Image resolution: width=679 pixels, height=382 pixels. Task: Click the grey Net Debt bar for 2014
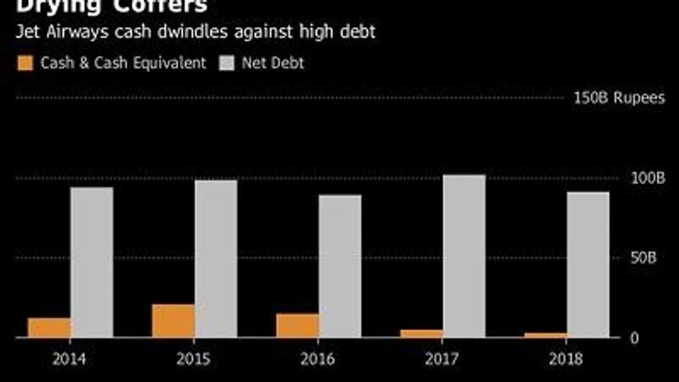pos(91,262)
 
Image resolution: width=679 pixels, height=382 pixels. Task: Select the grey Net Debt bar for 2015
pos(216,259)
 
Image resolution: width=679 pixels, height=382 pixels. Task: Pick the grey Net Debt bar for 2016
pos(340,266)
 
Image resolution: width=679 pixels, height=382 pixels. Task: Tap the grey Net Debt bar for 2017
pos(464,255)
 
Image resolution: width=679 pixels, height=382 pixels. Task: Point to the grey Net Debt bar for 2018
pos(588,265)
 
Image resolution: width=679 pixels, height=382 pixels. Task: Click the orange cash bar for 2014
pos(49,328)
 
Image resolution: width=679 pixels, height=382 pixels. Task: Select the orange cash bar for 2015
pos(173,321)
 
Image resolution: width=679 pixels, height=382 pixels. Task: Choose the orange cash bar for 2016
pos(298,325)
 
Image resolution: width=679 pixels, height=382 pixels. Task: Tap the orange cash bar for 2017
pos(422,334)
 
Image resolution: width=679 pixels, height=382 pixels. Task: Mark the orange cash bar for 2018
pos(546,335)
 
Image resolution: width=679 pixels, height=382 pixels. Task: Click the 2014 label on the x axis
pos(70,359)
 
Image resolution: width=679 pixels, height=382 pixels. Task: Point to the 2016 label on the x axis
pos(318,359)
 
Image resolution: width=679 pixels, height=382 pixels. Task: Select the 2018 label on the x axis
pos(566,359)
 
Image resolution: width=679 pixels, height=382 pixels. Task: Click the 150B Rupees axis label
pos(620,99)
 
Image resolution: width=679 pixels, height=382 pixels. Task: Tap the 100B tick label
pos(649,178)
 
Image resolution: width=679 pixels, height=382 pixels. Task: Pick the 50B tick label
pos(645,258)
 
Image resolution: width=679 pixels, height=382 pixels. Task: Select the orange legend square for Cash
pos(25,63)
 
